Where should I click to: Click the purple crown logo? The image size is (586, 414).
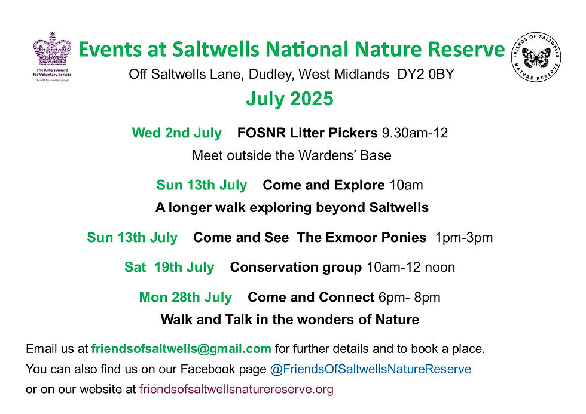(x=53, y=48)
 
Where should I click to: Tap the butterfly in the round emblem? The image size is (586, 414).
(x=536, y=57)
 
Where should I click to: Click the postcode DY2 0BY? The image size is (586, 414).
(x=426, y=74)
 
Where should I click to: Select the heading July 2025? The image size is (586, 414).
(x=289, y=99)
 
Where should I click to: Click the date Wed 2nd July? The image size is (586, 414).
(x=177, y=133)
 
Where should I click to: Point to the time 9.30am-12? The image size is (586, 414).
(x=415, y=133)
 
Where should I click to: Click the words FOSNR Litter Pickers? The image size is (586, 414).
(x=307, y=133)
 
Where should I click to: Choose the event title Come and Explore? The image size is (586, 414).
(x=323, y=185)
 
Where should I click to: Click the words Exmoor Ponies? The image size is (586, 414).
(x=376, y=237)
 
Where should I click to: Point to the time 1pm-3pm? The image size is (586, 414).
(x=464, y=237)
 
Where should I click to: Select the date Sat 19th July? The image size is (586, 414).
(x=169, y=267)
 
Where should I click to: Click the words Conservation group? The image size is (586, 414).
(x=296, y=267)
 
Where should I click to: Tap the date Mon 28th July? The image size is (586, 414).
(x=185, y=297)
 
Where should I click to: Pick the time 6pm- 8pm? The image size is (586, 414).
(x=410, y=297)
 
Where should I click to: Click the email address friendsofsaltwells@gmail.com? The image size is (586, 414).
(x=181, y=349)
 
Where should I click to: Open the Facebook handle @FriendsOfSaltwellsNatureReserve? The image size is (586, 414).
(x=370, y=369)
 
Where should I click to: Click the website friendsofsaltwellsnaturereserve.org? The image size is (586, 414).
(x=236, y=390)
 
